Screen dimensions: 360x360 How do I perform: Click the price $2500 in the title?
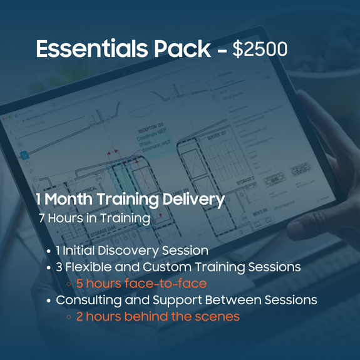coord(260,49)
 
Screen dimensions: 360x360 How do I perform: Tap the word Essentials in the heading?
coord(92,48)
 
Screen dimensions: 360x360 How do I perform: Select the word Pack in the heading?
coord(182,48)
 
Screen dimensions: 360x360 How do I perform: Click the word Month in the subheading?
coord(68,199)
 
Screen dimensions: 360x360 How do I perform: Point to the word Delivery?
coord(193,200)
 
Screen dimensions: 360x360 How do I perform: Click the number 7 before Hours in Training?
coord(41,218)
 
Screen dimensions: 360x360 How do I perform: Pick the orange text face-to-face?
coord(165,284)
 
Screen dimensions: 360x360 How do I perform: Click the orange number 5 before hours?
coord(80,284)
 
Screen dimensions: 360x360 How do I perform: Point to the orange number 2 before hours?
coord(80,316)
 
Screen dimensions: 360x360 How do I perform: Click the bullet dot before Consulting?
coord(48,301)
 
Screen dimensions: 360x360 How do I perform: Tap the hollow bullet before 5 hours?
coord(68,284)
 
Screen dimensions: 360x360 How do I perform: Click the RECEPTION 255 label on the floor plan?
coord(151,128)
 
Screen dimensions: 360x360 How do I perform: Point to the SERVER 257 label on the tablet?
coord(217,136)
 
